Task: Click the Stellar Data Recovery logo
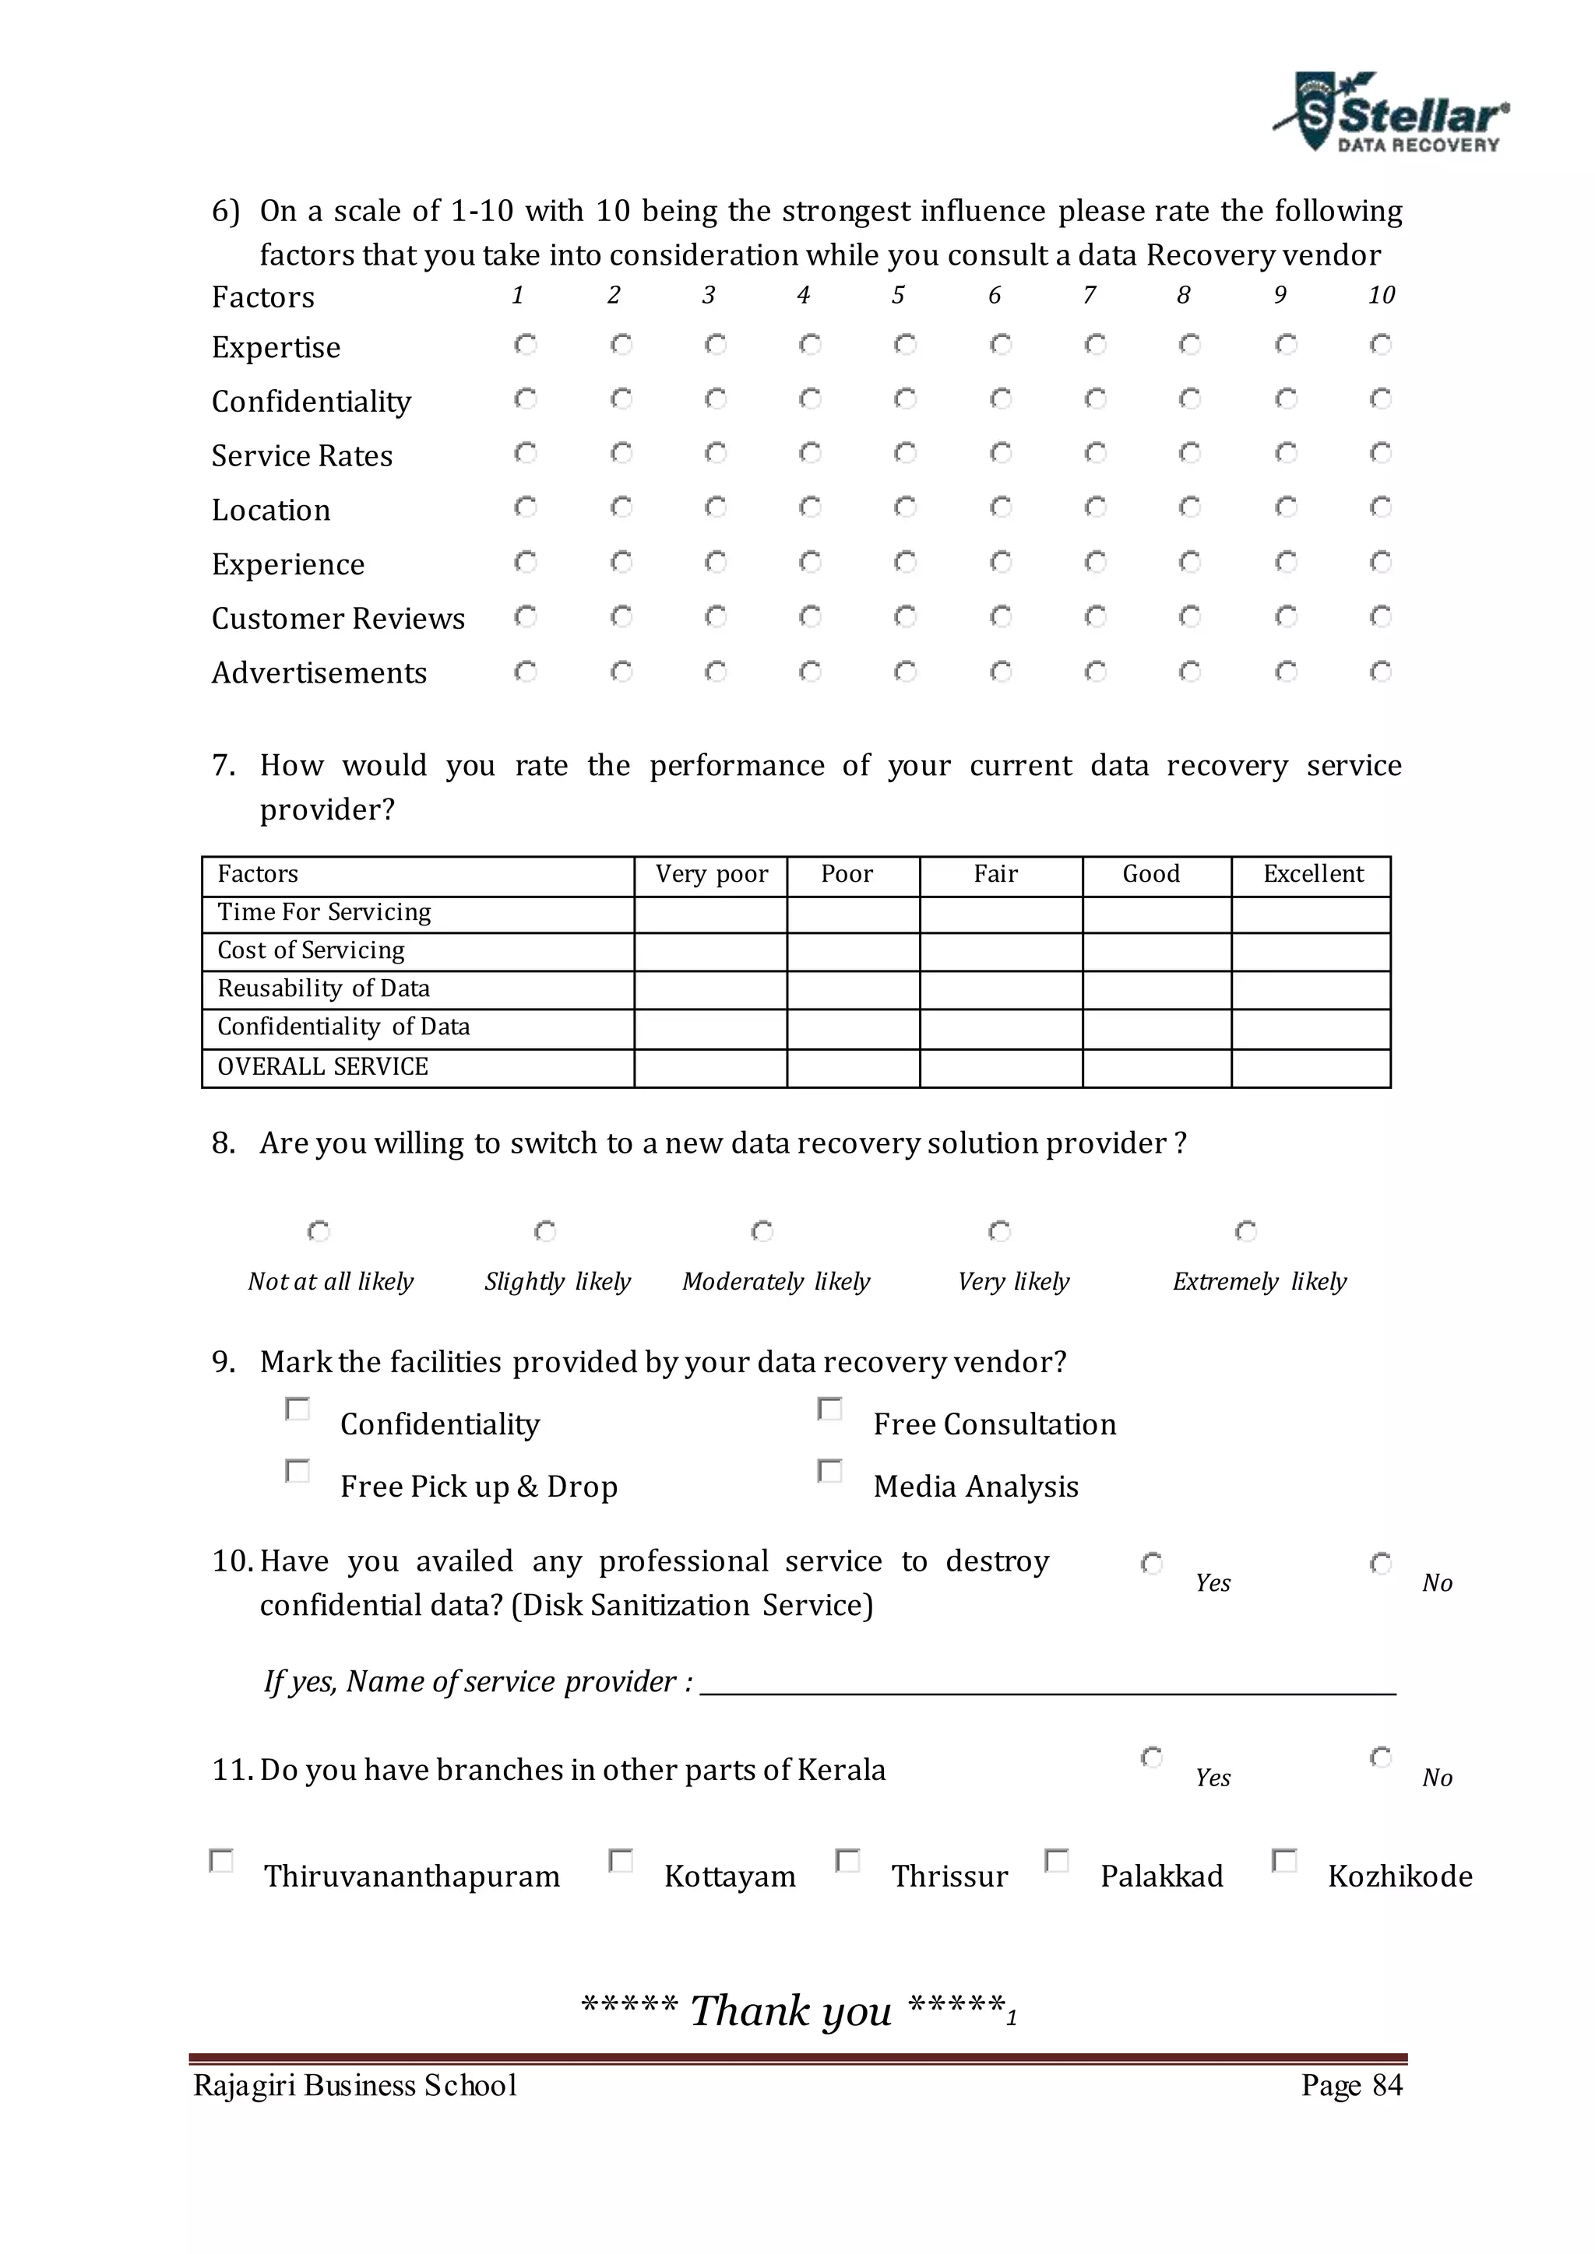coord(1391,113)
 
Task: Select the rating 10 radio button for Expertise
coord(1380,345)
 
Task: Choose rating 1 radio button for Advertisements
coord(526,672)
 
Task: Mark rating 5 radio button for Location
coord(904,507)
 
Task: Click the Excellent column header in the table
coord(1312,874)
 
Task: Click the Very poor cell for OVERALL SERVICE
coord(710,1068)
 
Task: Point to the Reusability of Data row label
coord(323,988)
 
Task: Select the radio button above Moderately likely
coord(762,1231)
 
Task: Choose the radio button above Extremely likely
coord(1245,1231)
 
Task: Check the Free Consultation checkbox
coord(830,1410)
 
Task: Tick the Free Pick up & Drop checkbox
coord(297,1470)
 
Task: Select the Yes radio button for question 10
coord(1151,1563)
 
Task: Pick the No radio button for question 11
coord(1380,1757)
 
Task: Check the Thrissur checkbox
coord(847,1860)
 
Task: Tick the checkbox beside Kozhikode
coord(1283,1860)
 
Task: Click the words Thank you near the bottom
coord(791,2010)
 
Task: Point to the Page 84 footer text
coord(1351,2085)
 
